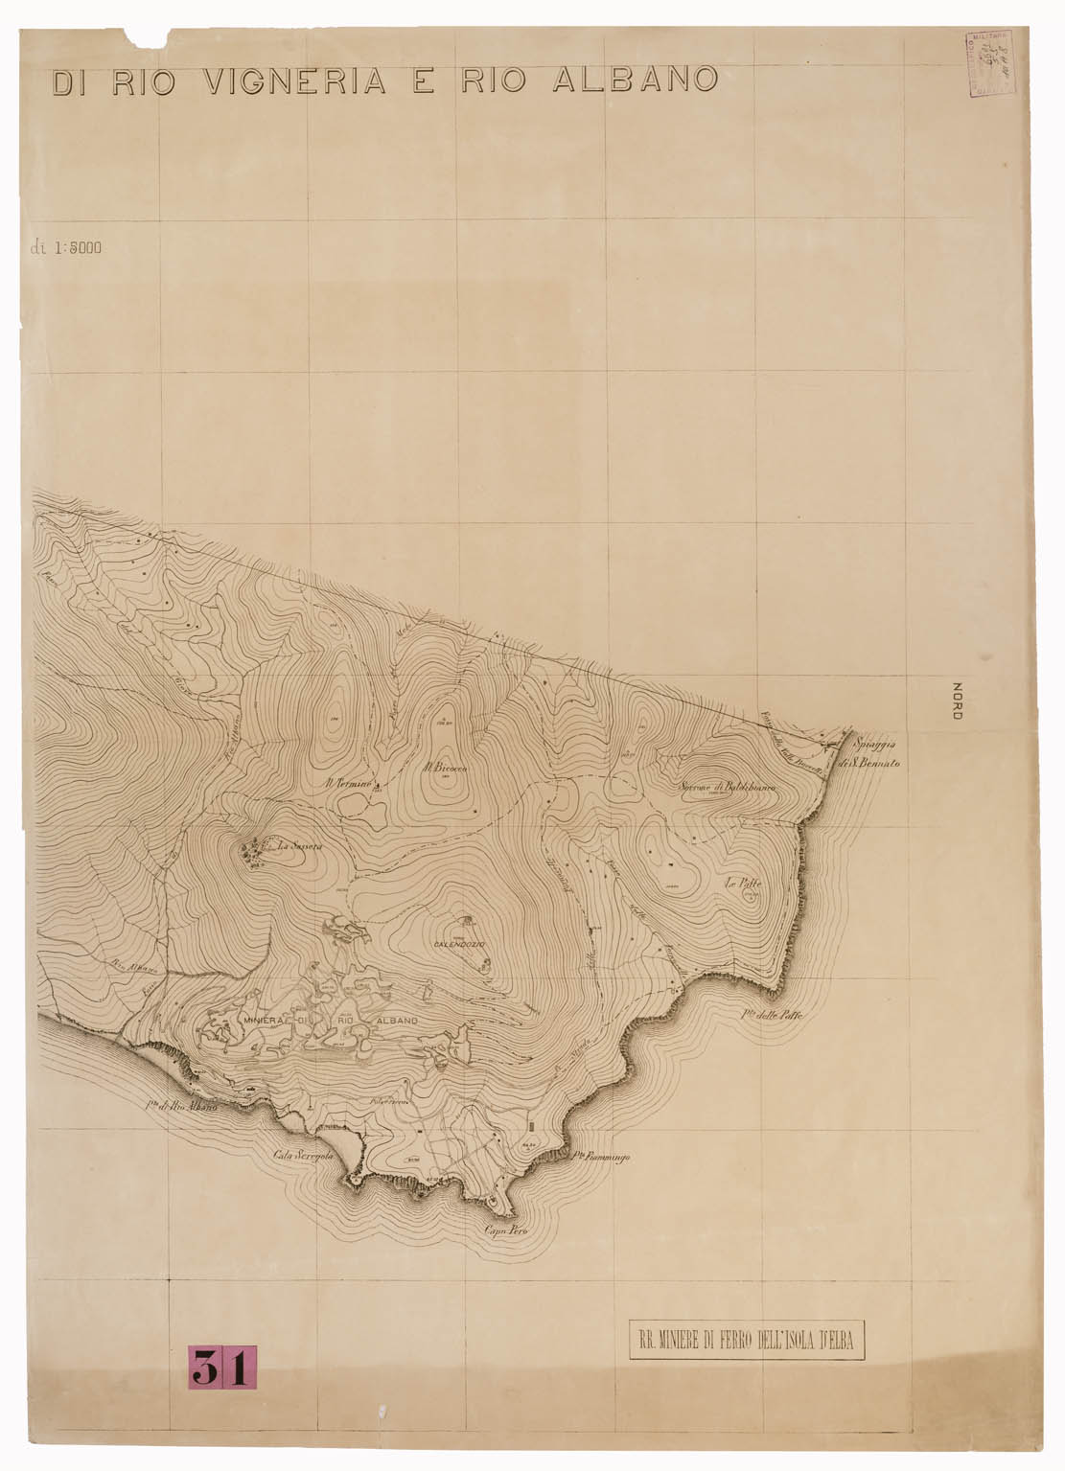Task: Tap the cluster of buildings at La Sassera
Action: pos(253,850)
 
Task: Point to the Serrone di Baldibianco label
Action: pos(726,788)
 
